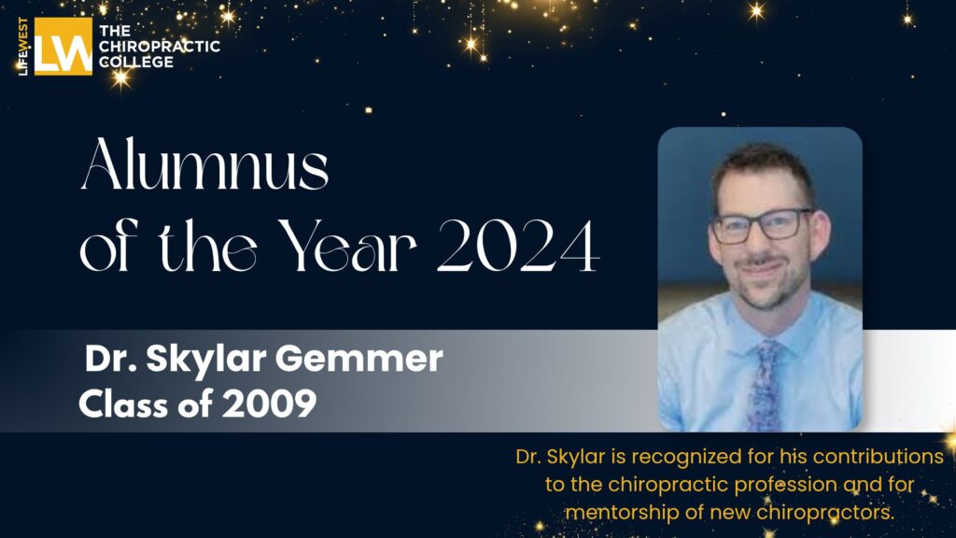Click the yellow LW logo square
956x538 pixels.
63,46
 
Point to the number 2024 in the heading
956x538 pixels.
517,248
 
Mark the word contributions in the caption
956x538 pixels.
862,458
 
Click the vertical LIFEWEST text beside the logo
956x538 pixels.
24,46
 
